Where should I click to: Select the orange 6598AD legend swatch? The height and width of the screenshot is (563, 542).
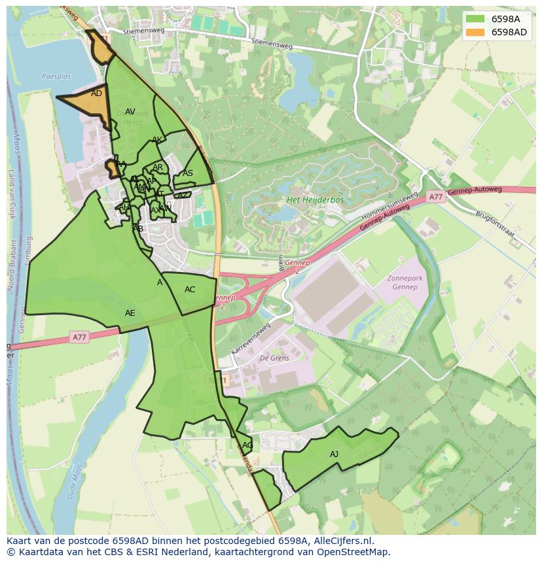(475, 32)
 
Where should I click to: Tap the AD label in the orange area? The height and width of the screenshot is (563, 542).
(96, 94)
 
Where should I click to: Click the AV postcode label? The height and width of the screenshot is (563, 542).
(130, 112)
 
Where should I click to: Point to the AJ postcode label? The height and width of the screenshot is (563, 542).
(334, 454)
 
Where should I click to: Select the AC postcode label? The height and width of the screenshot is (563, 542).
(190, 290)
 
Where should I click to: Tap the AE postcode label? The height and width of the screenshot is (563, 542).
(130, 313)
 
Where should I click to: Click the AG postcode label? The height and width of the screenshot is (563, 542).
(247, 445)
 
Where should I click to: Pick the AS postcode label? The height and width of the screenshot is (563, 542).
(188, 173)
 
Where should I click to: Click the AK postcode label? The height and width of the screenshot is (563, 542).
(157, 140)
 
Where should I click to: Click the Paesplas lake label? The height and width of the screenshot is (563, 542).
(56, 77)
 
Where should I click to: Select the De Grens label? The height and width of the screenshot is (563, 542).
(273, 358)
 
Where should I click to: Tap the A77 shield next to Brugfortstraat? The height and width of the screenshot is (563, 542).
(436, 196)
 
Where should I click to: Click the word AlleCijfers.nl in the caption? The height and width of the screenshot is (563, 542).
(341, 541)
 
